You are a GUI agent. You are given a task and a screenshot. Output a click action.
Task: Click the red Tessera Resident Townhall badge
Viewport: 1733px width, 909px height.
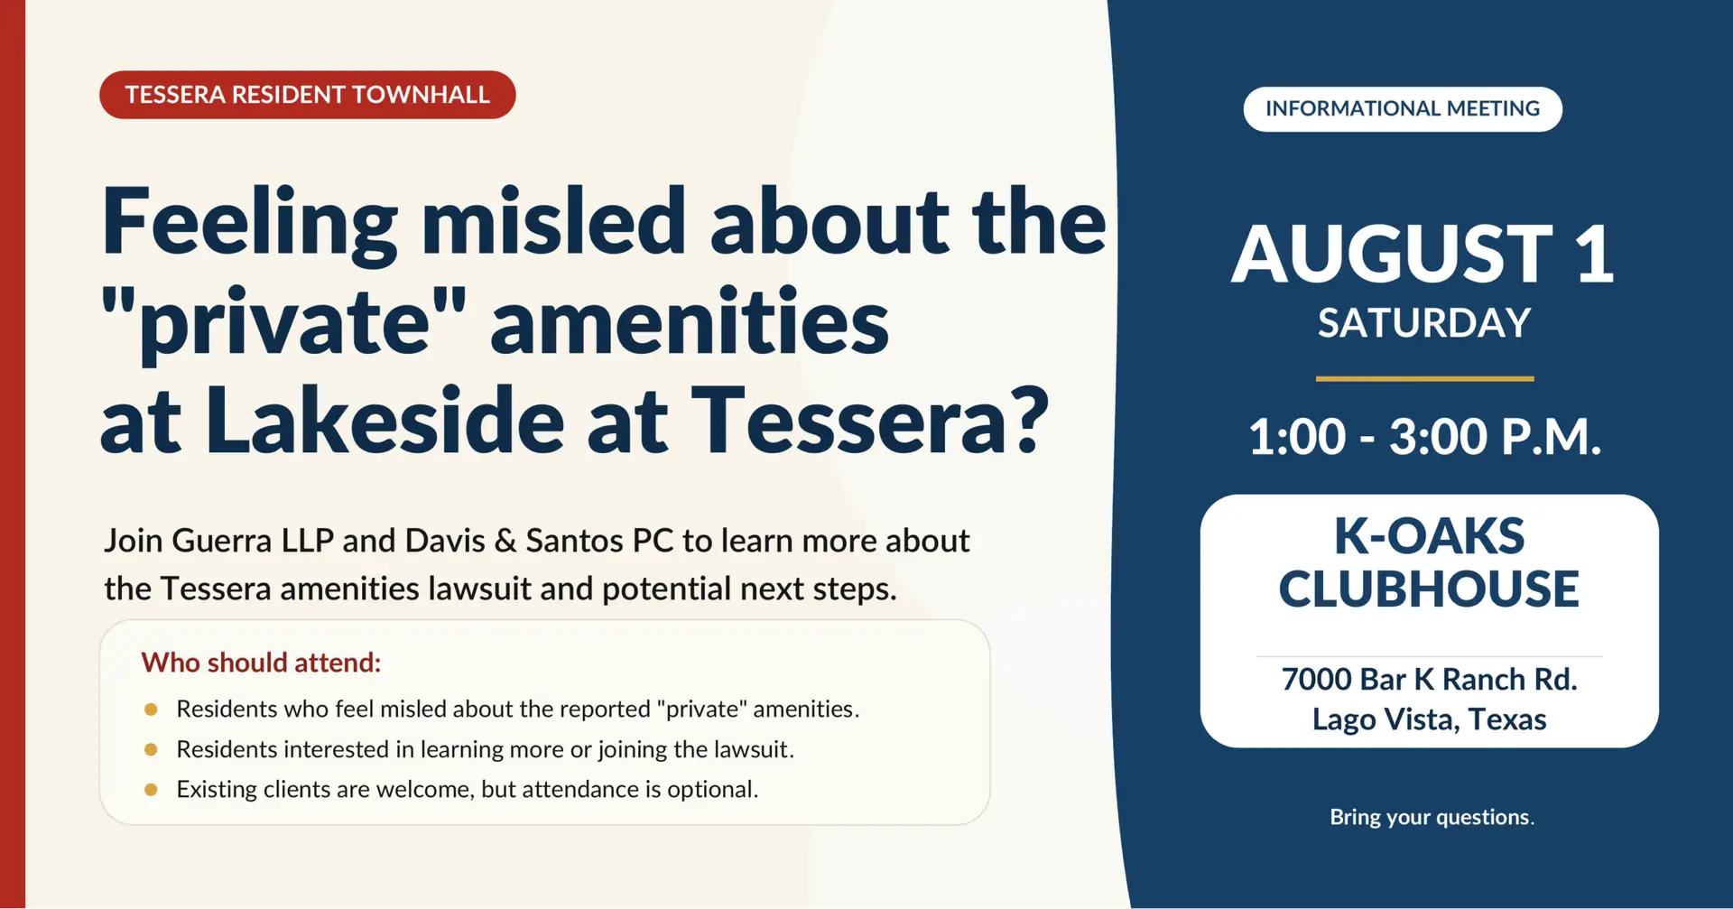(307, 95)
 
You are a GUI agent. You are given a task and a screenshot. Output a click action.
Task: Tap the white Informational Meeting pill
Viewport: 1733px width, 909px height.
(1403, 109)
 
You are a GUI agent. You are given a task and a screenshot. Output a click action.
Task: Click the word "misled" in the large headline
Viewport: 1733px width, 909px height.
(554, 222)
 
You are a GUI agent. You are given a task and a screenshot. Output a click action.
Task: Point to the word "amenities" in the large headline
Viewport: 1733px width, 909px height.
(690, 322)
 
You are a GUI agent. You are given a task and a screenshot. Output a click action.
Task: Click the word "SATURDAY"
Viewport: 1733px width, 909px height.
(1424, 323)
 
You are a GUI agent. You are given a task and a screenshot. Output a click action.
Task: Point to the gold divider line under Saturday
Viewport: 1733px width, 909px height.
(1424, 378)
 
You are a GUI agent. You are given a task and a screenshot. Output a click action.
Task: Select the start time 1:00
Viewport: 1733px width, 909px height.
(1297, 437)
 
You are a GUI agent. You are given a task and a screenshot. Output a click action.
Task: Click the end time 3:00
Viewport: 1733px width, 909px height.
(1438, 437)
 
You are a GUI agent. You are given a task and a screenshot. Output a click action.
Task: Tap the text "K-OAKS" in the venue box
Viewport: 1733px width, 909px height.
(1430, 536)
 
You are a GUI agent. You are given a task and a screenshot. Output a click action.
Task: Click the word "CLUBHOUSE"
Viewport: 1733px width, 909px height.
(1429, 589)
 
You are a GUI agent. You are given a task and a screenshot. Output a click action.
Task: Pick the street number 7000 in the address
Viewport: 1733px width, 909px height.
(1316, 679)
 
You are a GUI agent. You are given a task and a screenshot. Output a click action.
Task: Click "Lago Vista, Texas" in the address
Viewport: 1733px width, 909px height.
(1429, 719)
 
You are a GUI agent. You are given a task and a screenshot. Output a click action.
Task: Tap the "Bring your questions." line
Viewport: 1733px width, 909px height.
(1432, 817)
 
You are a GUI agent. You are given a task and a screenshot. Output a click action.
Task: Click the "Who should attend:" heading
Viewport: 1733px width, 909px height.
(261, 663)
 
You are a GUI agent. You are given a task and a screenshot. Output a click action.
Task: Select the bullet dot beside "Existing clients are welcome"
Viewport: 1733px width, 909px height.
(151, 790)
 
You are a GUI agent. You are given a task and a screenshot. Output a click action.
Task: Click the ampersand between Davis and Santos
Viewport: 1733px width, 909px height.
(505, 541)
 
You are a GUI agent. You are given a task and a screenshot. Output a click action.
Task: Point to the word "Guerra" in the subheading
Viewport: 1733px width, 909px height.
(221, 541)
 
